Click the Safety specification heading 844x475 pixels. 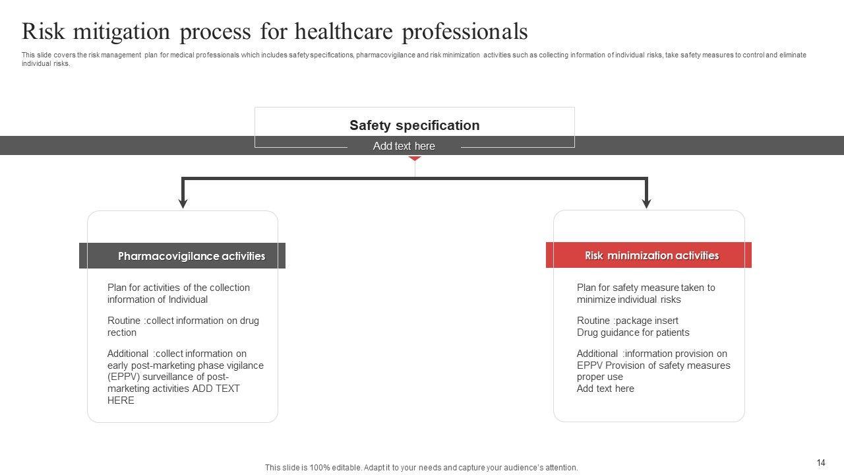pos(414,125)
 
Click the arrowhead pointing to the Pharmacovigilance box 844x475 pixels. pos(183,203)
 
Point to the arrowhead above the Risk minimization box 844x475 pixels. pos(646,203)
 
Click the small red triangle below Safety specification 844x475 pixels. pos(414,158)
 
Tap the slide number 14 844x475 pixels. pos(821,462)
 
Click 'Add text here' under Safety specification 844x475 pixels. pos(404,146)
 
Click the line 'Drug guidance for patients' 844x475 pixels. pos(633,332)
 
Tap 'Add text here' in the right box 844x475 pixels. pos(605,389)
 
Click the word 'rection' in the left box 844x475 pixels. pos(122,332)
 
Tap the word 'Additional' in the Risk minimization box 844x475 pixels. pos(597,354)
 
